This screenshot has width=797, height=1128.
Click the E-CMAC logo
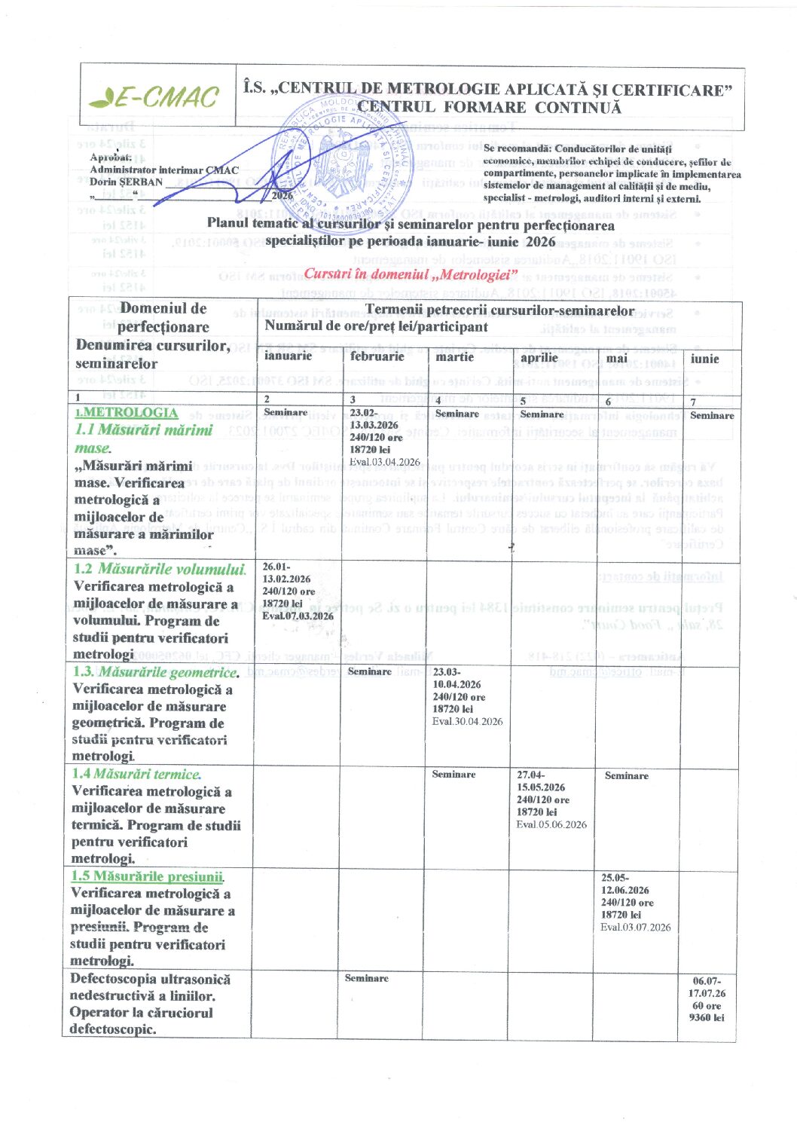click(x=154, y=97)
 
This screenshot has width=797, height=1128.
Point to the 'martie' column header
click(x=455, y=356)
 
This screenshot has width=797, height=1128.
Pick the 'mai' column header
click(x=617, y=359)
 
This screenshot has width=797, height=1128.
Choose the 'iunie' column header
click(x=704, y=359)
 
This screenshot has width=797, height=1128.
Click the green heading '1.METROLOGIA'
click(x=127, y=412)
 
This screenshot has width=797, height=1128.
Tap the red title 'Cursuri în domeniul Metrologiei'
click(x=411, y=274)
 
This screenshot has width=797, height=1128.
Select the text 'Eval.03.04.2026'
click(x=385, y=462)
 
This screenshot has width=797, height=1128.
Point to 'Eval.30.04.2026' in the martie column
click(x=467, y=721)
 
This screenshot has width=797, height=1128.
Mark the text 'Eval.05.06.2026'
click(x=551, y=824)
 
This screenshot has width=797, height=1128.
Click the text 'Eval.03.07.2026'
click(x=635, y=927)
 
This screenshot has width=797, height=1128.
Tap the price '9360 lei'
click(x=707, y=1017)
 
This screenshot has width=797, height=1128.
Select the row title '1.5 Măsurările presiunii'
click(x=148, y=876)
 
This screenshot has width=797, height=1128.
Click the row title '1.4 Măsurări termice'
click(x=136, y=774)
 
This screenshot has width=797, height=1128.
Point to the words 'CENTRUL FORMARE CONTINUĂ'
click(x=490, y=107)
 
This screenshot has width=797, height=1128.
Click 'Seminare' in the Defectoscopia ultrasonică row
click(x=367, y=978)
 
